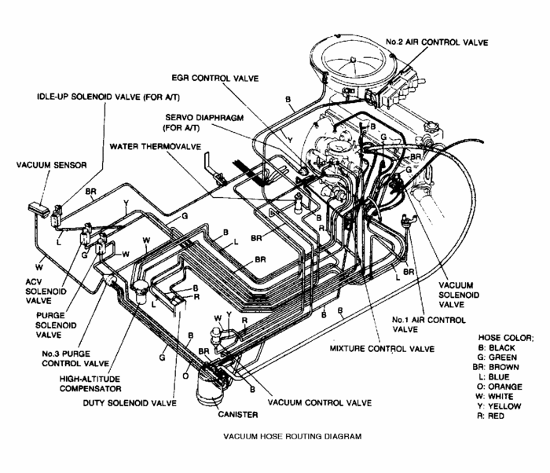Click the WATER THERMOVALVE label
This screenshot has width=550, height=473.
[x=156, y=146]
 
